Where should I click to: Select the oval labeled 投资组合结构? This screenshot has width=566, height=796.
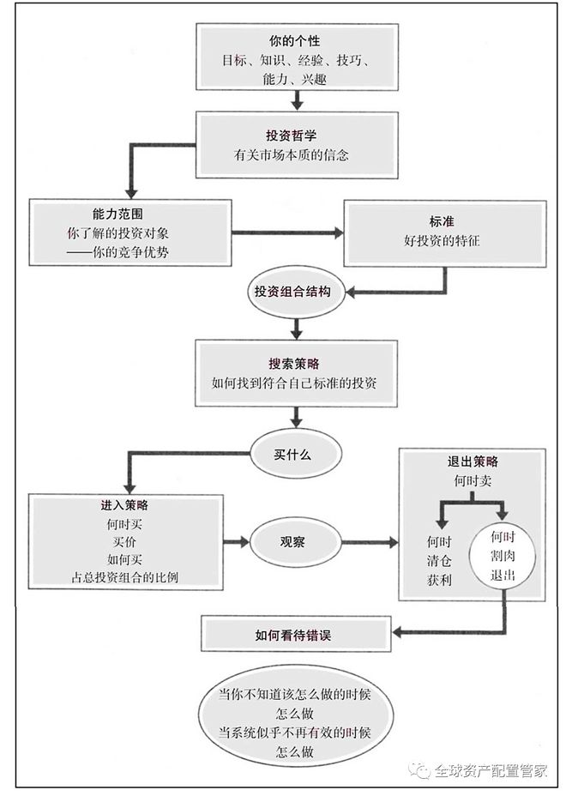click(x=292, y=292)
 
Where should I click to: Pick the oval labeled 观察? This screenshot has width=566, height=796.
click(x=292, y=543)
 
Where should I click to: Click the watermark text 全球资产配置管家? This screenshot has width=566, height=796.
click(x=490, y=769)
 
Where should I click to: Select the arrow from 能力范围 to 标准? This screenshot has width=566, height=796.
click(x=286, y=232)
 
